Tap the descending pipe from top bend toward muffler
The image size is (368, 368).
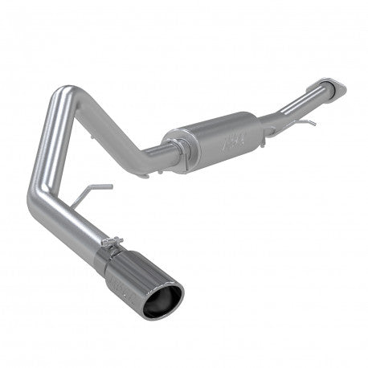pos(121,121)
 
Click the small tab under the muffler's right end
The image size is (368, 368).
pos(269,138)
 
